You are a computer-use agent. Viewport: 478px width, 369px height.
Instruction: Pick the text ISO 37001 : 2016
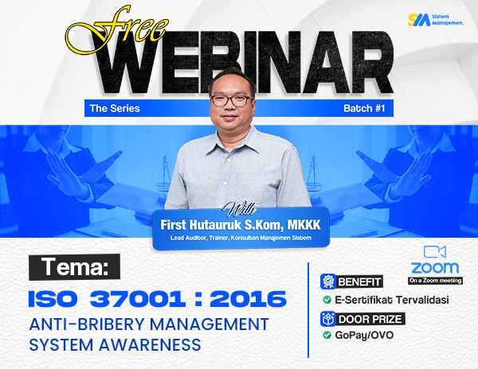[x=156, y=299]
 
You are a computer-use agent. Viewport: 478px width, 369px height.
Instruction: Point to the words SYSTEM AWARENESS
[x=115, y=344]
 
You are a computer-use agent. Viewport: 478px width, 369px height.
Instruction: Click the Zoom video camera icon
[x=435, y=251]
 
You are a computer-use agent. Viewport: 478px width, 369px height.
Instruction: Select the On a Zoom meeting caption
[x=435, y=280]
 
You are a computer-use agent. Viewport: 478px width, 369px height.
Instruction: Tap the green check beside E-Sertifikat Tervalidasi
[x=327, y=300]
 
